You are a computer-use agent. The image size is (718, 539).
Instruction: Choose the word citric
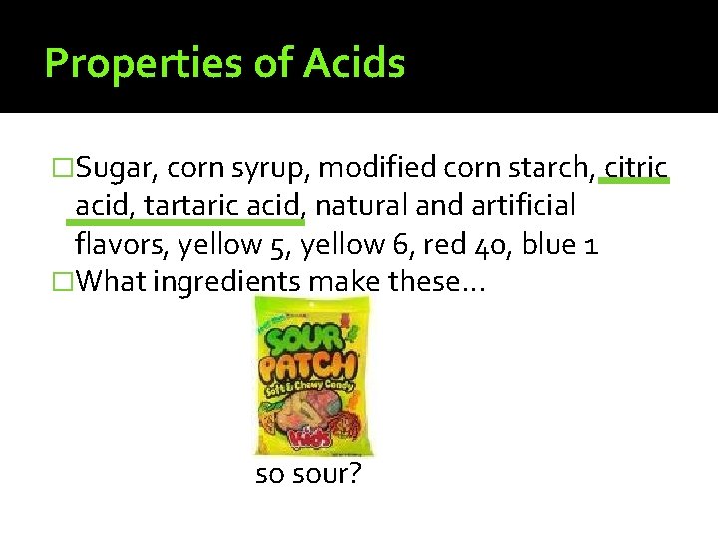[x=636, y=166]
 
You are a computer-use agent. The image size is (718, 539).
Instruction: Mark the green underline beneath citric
[x=636, y=183]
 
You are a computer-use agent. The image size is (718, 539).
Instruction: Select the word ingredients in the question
[x=228, y=282]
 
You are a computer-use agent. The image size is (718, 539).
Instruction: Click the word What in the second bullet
[x=109, y=282]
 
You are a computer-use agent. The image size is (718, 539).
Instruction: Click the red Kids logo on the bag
[x=310, y=436]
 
